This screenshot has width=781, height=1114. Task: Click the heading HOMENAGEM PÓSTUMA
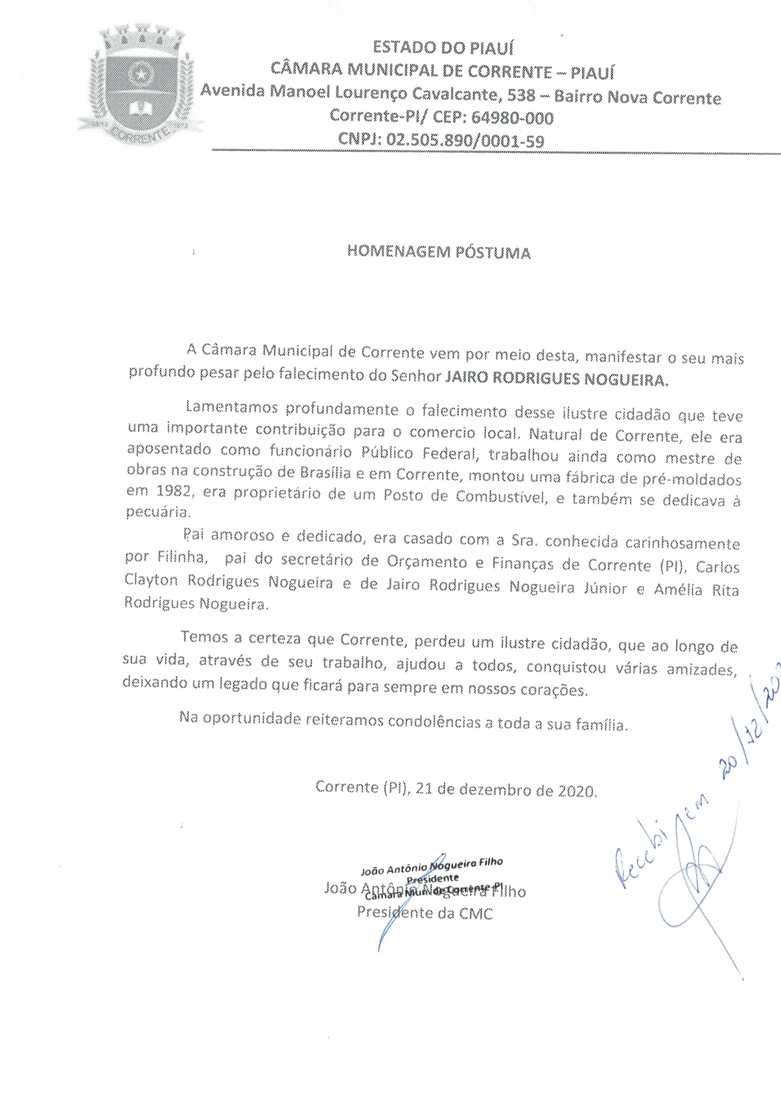tap(439, 252)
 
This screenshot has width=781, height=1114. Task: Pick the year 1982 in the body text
tap(174, 491)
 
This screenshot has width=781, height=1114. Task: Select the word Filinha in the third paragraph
tap(182, 556)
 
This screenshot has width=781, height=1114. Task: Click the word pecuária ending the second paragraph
tap(157, 512)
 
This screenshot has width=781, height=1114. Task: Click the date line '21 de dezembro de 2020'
tap(506, 790)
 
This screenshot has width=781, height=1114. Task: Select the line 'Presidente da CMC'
tap(425, 913)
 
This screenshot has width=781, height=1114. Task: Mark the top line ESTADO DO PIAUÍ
tap(443, 47)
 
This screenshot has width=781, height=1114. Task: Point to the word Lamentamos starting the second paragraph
tap(232, 407)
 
